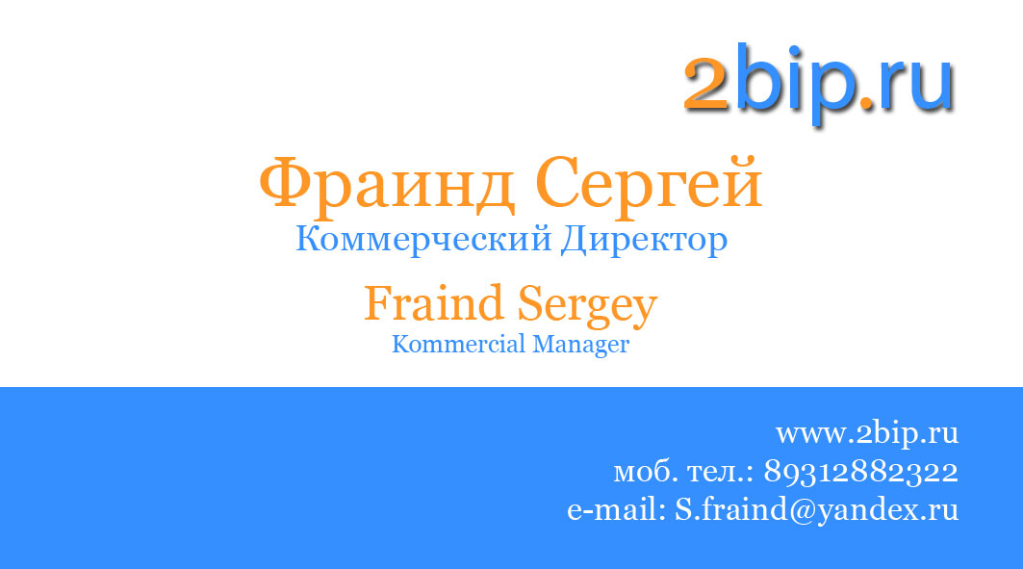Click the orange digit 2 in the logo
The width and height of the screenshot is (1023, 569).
coord(706,84)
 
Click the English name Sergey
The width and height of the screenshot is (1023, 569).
coord(587,305)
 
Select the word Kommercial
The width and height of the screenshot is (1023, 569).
coord(447,344)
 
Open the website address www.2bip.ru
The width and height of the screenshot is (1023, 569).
coord(867,433)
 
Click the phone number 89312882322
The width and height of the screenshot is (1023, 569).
coord(860,472)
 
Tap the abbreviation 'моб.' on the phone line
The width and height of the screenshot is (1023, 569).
coord(645,473)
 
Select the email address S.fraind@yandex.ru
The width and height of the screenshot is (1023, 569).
coord(816,509)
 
